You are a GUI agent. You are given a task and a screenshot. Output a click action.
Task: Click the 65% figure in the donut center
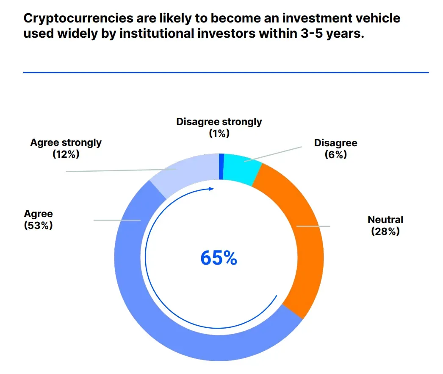[x=218, y=258]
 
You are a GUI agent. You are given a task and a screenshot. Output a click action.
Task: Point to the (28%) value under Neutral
[x=385, y=232]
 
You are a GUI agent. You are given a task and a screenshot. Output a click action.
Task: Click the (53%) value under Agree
[x=38, y=225]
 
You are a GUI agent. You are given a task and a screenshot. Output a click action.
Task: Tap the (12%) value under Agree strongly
[x=66, y=154]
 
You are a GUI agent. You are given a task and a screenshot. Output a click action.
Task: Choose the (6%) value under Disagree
[x=335, y=155]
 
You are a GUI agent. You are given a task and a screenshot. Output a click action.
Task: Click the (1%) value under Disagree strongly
[x=219, y=133]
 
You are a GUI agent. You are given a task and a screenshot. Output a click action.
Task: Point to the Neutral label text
[x=385, y=220]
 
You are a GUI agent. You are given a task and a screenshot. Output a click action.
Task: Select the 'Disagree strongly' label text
[x=219, y=122]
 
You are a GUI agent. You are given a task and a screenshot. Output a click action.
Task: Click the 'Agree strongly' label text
[x=66, y=142]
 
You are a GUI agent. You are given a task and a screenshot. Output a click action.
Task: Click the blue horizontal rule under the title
[x=226, y=73]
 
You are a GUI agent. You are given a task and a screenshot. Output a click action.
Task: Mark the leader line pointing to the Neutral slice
[x=313, y=226]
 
